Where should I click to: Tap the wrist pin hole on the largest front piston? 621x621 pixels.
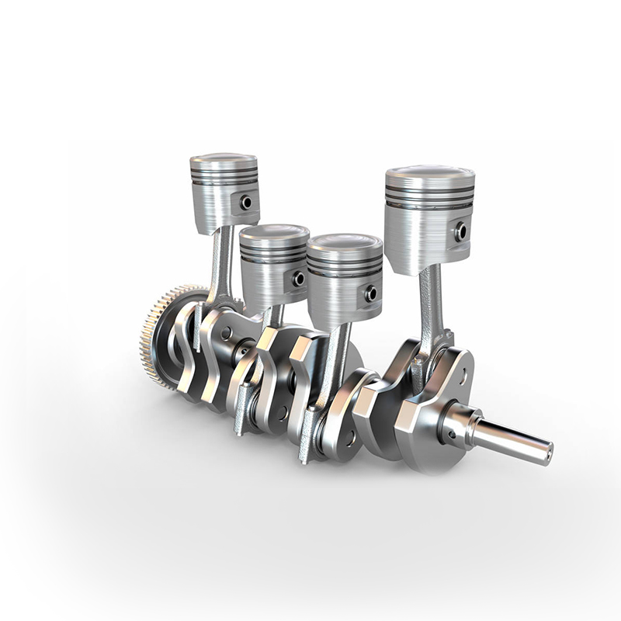pyautogui.click(x=460, y=231)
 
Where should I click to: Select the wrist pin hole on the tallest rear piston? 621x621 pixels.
pyautogui.click(x=246, y=203)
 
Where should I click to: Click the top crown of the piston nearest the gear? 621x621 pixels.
pyautogui.click(x=224, y=159)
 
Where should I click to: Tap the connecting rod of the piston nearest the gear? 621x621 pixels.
pyautogui.click(x=221, y=264)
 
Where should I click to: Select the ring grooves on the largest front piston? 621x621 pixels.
pyautogui.click(x=429, y=194)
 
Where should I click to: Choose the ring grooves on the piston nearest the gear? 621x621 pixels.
pyautogui.click(x=224, y=176)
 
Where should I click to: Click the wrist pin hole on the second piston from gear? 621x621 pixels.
pyautogui.click(x=297, y=277)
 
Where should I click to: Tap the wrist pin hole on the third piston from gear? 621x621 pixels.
pyautogui.click(x=370, y=293)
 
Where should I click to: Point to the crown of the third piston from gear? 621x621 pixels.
pyautogui.click(x=345, y=241)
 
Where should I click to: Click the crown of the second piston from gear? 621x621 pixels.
pyautogui.click(x=274, y=231)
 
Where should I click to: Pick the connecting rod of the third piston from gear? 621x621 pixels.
pyautogui.click(x=335, y=357)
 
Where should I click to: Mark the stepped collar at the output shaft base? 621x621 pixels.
pyautogui.click(x=462, y=425)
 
